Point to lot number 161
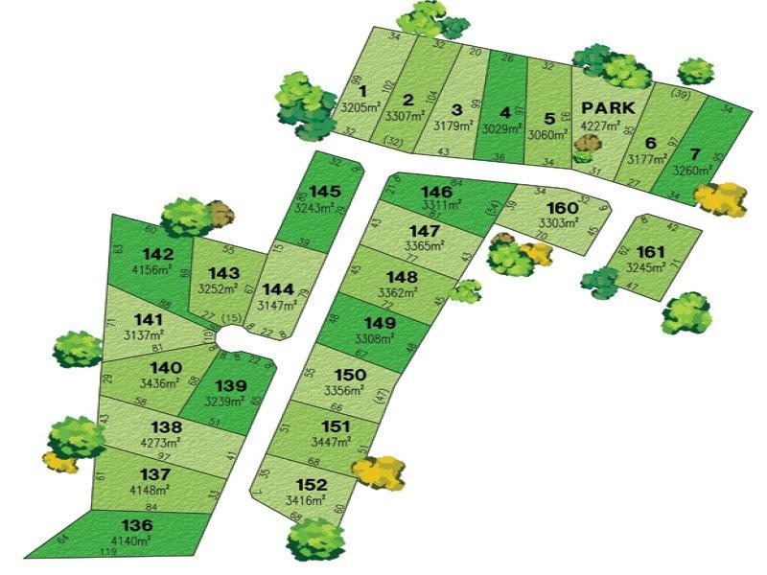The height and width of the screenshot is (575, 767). coord(650,252)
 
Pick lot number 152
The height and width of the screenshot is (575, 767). coord(312,485)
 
